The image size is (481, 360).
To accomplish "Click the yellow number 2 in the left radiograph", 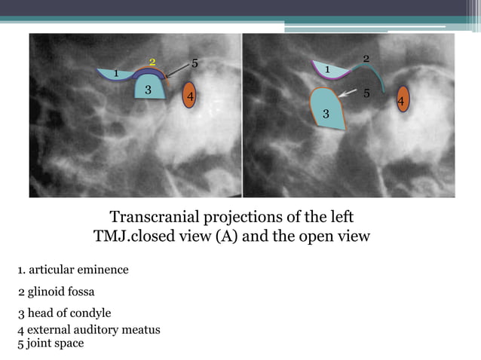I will click(152, 62).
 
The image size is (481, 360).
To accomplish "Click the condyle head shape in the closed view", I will click(149, 87).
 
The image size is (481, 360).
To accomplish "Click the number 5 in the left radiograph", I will click(195, 63).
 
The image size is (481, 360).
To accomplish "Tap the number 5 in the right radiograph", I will click(366, 94).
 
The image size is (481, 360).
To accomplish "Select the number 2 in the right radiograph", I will click(366, 59).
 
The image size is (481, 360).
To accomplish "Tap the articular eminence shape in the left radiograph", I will click(119, 75).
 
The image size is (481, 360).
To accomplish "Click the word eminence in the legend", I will click(101, 270).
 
